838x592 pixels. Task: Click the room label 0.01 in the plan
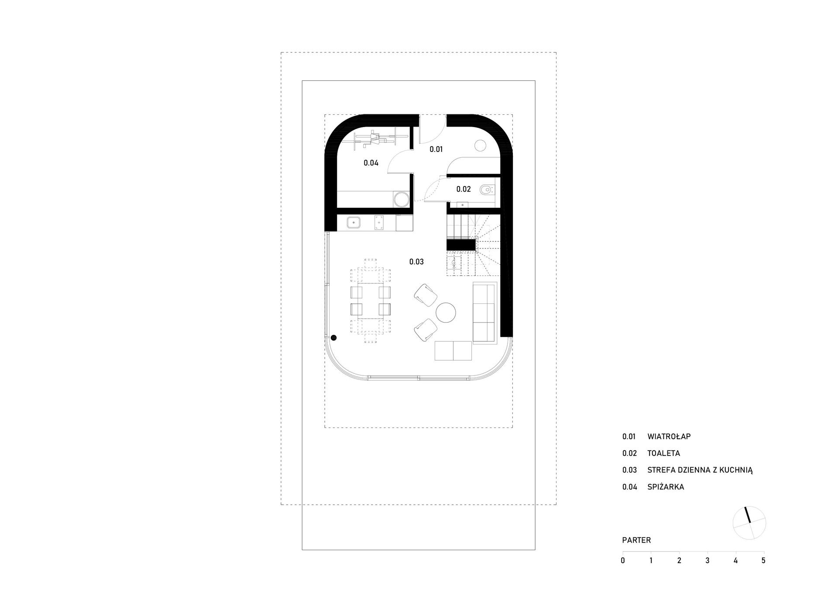436,149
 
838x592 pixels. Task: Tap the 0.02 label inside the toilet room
464,189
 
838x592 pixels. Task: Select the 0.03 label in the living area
416,262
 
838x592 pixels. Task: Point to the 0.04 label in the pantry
371,163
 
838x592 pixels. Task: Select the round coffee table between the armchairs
446,313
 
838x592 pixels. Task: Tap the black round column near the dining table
333,337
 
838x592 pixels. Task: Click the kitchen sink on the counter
354,223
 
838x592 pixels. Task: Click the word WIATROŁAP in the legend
669,436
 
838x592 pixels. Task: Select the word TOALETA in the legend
664,453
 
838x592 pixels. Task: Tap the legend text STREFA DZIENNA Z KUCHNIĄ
700,470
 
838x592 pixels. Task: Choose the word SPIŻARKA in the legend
666,487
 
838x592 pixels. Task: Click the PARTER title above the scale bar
636,540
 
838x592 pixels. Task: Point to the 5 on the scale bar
763,561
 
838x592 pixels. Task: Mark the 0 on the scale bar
623,561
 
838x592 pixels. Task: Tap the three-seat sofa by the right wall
485,313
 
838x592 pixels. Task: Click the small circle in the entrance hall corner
480,145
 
